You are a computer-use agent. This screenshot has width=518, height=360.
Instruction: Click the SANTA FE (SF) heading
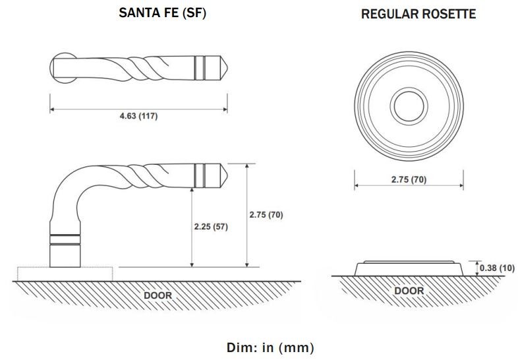(163, 13)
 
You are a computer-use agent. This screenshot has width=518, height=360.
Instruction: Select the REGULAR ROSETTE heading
(418, 14)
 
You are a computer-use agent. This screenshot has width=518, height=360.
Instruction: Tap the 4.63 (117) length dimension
(139, 116)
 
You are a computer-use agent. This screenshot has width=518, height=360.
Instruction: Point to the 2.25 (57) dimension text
(211, 227)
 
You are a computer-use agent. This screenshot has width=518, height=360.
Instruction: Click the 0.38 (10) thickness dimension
(497, 268)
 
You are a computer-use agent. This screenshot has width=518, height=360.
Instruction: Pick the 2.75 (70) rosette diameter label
(409, 179)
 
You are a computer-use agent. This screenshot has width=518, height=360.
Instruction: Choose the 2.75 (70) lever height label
(266, 215)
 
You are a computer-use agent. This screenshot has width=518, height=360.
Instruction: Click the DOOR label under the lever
(158, 295)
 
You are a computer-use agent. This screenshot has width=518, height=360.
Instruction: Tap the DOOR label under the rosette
(409, 291)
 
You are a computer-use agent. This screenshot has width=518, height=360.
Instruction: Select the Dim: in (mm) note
(270, 347)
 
